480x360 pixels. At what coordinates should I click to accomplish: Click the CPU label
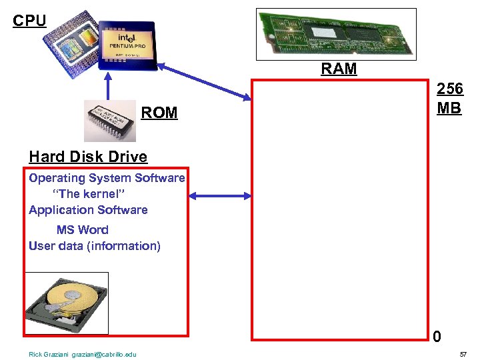tap(29, 21)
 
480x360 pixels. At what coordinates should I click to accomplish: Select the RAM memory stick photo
tap(337, 34)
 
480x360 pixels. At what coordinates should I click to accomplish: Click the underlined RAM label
tap(339, 69)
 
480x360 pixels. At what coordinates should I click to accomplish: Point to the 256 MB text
tap(449, 99)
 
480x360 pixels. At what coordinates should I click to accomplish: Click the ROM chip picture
tap(110, 121)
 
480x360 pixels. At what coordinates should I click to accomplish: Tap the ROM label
tap(159, 113)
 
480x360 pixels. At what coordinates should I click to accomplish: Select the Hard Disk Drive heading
tap(88, 157)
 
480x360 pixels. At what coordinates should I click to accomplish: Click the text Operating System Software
tap(107, 178)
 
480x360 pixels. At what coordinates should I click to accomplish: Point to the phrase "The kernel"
tap(89, 194)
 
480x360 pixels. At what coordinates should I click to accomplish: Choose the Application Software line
tap(88, 210)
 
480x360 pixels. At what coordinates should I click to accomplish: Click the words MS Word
tap(82, 230)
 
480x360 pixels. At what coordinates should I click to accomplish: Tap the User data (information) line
tap(95, 246)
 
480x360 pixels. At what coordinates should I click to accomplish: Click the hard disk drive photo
tap(67, 303)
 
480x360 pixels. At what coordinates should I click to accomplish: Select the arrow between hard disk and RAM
tap(220, 195)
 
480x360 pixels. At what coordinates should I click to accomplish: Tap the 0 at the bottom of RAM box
tap(436, 337)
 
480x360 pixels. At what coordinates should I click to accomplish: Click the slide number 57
tap(463, 354)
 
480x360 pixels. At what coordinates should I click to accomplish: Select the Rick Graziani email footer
tap(83, 354)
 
